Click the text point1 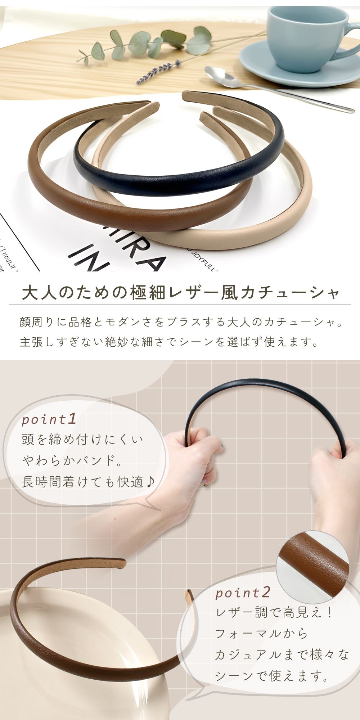pos(49,419)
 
